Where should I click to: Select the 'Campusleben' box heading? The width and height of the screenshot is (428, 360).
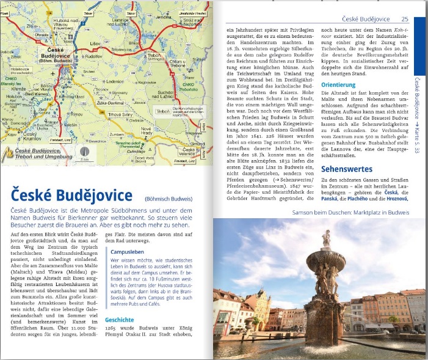[x=127, y=251]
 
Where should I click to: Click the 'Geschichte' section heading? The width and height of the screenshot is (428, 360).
[x=119, y=320]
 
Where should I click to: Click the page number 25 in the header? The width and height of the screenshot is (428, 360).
[x=404, y=18]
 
